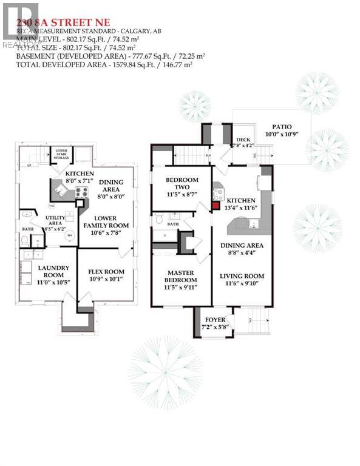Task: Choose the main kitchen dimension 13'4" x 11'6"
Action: pyautogui.click(x=241, y=208)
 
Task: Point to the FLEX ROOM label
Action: pyautogui.click(x=106, y=271)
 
